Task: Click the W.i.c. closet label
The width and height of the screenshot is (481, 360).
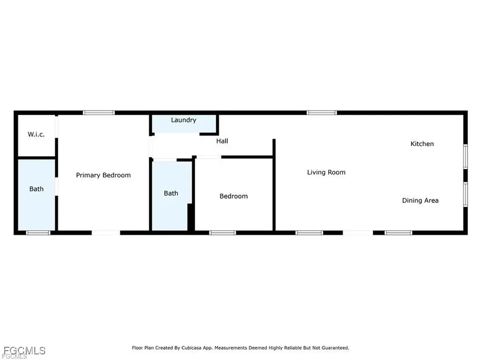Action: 36,134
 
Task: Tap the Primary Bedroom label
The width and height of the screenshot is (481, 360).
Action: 103,175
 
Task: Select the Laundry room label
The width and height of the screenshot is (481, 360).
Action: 183,120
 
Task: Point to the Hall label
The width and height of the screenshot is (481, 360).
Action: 222,141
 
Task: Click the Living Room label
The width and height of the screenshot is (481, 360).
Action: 326,172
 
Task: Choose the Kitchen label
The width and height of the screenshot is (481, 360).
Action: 422,144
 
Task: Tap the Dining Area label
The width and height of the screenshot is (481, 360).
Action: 420,201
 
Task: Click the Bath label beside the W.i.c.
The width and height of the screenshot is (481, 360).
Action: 36,189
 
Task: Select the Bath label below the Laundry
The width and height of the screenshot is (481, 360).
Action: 171,193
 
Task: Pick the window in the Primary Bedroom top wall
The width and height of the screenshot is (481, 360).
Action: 99,113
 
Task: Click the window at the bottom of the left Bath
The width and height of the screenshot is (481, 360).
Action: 38,233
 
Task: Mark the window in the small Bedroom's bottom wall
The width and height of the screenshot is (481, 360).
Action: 222,233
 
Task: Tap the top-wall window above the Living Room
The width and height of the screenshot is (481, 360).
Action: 322,113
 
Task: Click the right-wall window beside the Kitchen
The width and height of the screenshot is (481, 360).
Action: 465,156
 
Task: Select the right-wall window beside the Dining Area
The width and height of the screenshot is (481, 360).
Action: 465,194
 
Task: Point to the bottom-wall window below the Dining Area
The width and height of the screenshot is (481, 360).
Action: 398,233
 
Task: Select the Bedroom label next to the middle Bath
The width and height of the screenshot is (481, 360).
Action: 233,196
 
